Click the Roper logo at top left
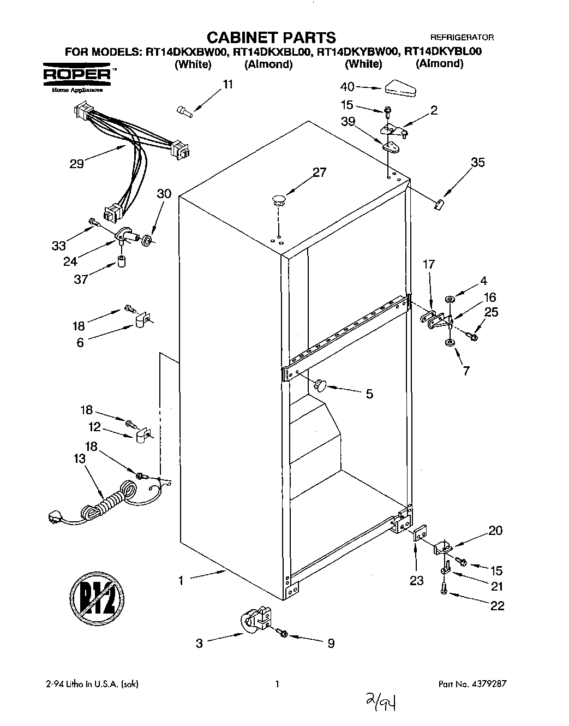[x=78, y=74]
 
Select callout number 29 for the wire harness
[x=77, y=163]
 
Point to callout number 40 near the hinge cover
[x=348, y=87]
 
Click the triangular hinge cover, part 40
[x=400, y=88]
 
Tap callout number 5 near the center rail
[x=369, y=394]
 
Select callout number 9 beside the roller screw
[x=331, y=644]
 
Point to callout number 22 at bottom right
[x=497, y=605]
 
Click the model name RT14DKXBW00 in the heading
[x=185, y=52]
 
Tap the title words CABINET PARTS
[x=271, y=37]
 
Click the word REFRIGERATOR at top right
[x=462, y=38]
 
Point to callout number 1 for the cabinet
[x=181, y=581]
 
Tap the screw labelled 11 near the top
[x=184, y=111]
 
